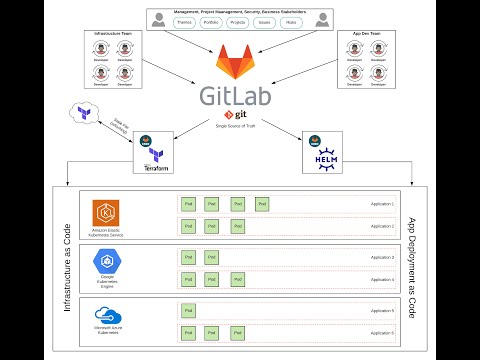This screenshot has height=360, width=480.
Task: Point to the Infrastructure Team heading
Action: point(115,33)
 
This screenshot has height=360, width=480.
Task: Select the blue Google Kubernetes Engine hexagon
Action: point(106,263)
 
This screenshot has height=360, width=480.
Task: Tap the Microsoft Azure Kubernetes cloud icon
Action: point(106,315)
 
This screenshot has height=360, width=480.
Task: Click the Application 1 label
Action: point(382,204)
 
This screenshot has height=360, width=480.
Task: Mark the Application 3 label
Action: point(382,257)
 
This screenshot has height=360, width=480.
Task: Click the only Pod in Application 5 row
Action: point(188,310)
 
